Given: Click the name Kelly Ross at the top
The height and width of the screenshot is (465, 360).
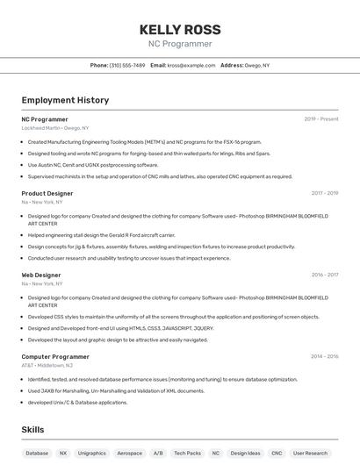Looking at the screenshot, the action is (179, 28).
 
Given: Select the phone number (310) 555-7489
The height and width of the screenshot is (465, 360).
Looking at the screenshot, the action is (126, 65).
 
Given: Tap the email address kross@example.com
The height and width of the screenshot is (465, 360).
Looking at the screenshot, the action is (191, 65).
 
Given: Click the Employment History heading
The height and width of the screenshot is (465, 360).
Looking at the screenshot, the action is (65, 100).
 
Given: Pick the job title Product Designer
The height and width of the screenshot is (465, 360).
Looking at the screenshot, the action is (47, 193).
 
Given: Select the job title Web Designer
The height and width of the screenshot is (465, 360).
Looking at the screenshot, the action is (41, 275).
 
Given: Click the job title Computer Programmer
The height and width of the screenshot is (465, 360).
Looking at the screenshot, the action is (55, 357).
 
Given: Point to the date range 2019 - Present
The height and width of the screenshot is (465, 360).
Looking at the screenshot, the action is (321, 118).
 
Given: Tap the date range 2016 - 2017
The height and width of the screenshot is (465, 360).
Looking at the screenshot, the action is (324, 275).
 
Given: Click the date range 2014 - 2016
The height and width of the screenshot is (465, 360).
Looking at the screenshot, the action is (324, 357).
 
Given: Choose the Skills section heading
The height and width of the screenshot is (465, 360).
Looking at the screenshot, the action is (32, 430).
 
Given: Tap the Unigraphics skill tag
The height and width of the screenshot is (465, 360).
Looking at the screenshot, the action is (92, 454).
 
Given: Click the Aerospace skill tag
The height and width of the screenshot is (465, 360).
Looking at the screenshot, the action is (129, 454).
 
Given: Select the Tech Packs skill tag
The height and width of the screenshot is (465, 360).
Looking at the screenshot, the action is (187, 454).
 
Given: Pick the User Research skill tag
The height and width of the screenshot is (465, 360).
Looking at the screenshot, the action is (310, 454).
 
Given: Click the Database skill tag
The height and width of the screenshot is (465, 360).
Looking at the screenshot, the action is (37, 454).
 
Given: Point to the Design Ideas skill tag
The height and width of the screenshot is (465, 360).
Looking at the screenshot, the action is (246, 454).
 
